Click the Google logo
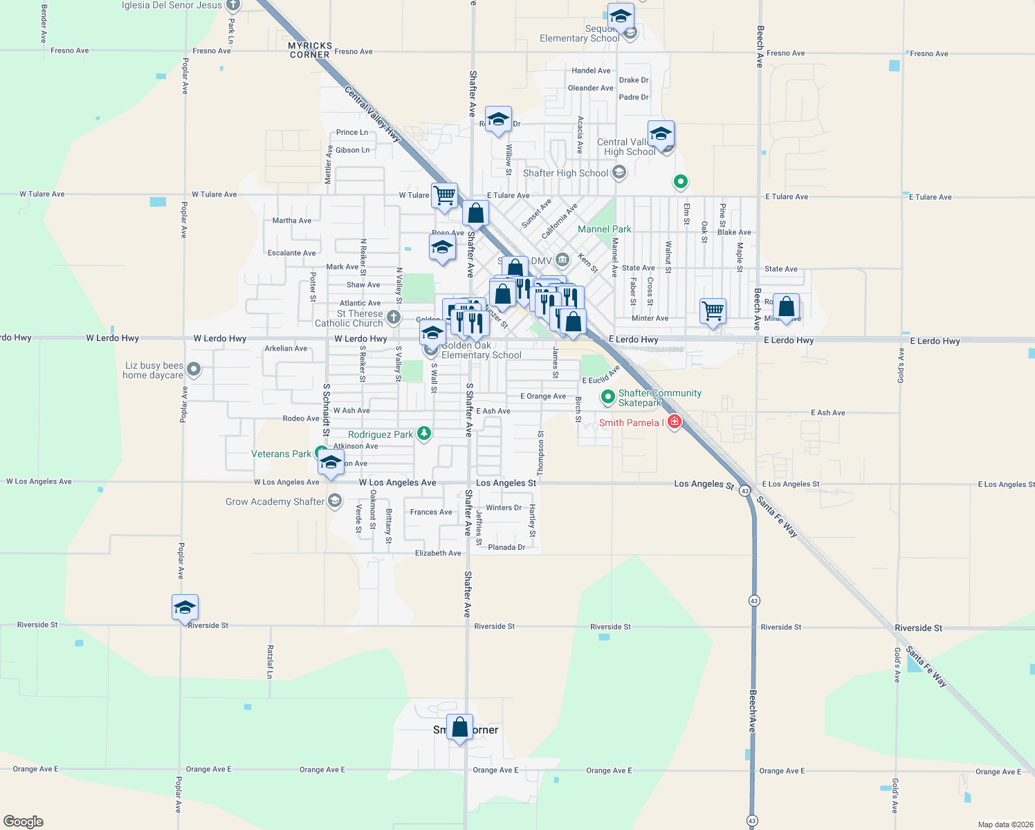pos(24,821)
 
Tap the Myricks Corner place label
pos(310,50)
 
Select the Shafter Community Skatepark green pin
pos(607,397)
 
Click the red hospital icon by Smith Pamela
pos(675,421)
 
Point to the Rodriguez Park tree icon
pos(424,434)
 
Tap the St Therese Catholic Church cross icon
pos(393,317)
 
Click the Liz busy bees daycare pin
pos(194,369)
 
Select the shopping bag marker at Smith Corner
pos(459,728)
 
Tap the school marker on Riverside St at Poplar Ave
pos(185,607)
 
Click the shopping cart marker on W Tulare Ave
pos(444,196)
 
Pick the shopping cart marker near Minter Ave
pos(713,310)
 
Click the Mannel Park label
pos(604,229)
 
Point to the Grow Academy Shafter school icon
pos(335,501)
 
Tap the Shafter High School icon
pos(619,172)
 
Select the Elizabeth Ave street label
pos(437,553)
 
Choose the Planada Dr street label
pos(506,547)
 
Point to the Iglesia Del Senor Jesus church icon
pos(233,6)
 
